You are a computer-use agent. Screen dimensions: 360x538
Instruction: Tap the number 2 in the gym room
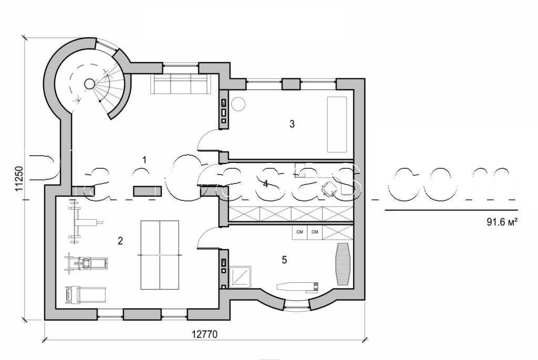tap(120, 241)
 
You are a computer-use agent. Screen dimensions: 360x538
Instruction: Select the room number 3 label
tap(292, 124)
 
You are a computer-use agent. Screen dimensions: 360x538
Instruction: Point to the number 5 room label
tap(284, 260)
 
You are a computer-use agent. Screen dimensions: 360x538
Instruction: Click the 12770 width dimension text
tap(204, 333)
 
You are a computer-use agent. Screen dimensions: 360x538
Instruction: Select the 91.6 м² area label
tap(503, 222)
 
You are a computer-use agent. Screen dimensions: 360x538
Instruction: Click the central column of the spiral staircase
tap(90, 84)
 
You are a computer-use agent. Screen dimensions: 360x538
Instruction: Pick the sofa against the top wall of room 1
tap(179, 84)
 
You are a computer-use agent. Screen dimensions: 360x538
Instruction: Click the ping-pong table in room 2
tap(160, 255)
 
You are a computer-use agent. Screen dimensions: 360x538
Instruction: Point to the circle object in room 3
tap(239, 104)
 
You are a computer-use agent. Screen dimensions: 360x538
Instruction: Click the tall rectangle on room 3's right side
tap(337, 124)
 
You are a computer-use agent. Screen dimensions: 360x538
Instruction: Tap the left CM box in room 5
tap(299, 232)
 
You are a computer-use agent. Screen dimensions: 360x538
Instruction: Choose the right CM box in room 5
tap(315, 232)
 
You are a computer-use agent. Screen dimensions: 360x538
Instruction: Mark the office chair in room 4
tap(329, 188)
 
